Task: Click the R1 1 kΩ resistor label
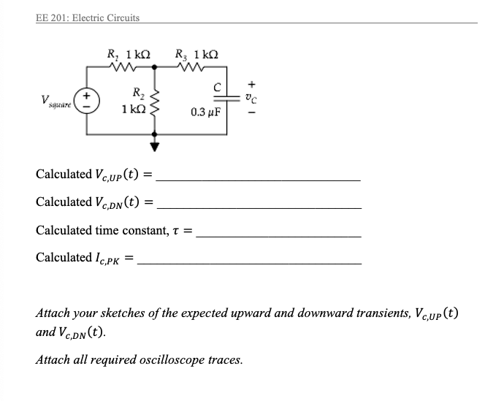129,53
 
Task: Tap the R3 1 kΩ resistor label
198,53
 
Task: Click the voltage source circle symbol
88,99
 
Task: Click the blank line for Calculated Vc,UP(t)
259,180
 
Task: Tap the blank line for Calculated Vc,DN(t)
259,207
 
